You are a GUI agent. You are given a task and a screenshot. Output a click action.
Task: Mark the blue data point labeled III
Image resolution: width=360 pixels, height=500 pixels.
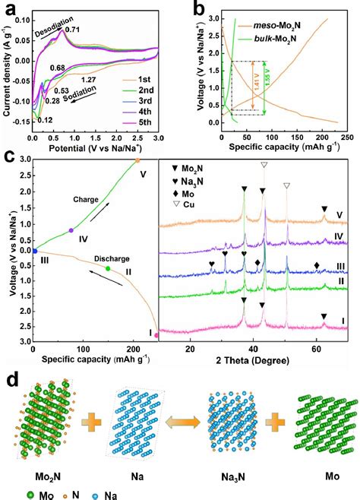[x=34, y=250]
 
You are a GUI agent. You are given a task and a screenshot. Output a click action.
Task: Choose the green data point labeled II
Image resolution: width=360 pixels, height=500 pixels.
[x=108, y=268]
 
